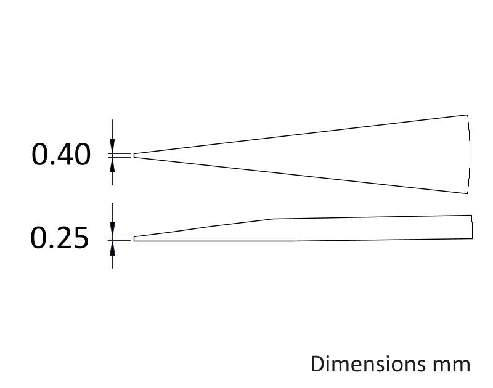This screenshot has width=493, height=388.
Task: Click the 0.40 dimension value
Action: pyautogui.click(x=61, y=155)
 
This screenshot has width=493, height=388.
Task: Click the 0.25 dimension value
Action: pyautogui.click(x=59, y=238)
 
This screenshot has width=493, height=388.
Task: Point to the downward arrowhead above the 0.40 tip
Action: pyautogui.click(x=112, y=146)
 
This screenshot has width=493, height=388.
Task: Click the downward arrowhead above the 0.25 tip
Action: pyautogui.click(x=112, y=228)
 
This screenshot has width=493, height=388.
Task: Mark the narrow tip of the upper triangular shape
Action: pyautogui.click(x=134, y=156)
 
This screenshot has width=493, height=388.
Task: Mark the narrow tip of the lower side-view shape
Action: pyautogui.click(x=134, y=239)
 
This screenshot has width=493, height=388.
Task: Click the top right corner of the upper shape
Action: pyautogui.click(x=467, y=115)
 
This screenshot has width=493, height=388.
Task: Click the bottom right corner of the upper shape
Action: pyautogui.click(x=467, y=193)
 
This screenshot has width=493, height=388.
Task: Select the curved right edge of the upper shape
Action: pyautogui.click(x=470, y=154)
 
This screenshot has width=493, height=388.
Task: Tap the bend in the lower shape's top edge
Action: pyautogui.click(x=272, y=219)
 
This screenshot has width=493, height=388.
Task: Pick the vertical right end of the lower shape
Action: pyautogui.click(x=472, y=227)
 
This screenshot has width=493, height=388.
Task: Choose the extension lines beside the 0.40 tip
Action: pyautogui.click(x=119, y=156)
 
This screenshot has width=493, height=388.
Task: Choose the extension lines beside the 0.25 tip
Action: pyautogui.click(x=119, y=238)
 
